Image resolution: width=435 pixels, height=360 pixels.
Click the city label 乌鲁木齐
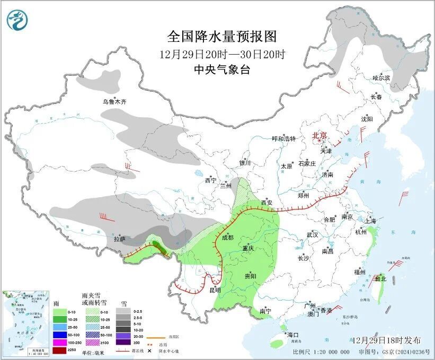coord(115,101)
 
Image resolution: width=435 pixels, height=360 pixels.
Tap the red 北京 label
coord(320,135)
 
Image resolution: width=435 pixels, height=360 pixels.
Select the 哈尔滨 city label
coord(380,78)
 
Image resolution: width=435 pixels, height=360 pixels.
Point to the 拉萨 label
coord(120,239)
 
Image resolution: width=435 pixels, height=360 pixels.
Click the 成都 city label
coord(227,238)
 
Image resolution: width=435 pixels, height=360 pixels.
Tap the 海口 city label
coord(292,335)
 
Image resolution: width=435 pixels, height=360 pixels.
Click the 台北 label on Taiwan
coord(380,278)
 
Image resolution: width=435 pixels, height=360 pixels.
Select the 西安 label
coord(267,203)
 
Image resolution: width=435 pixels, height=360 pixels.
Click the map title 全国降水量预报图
coord(222,36)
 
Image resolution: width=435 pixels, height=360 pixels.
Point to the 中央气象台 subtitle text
coord(222,69)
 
